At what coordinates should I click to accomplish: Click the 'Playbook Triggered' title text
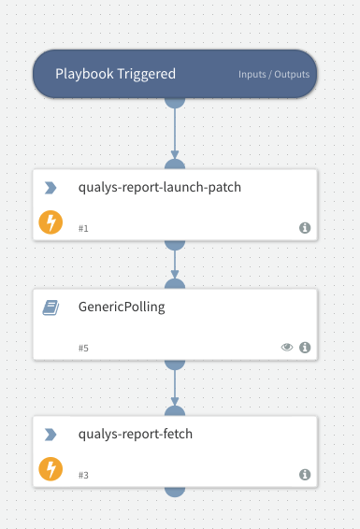pos(115,74)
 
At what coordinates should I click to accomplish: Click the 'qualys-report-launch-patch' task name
pos(160,187)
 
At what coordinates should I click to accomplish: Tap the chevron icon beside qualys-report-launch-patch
pos(50,188)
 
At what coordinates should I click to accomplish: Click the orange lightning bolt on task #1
pos(50,222)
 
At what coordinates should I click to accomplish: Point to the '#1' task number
pos(84,227)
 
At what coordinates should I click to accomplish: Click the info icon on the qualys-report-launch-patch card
pos(305,227)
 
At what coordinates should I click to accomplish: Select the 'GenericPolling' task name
pos(122,307)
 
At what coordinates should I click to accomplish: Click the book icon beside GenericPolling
pos(50,307)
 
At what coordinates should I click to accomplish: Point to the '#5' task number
pos(84,348)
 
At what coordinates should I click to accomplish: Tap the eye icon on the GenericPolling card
pos(287,348)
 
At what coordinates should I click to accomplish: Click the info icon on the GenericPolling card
pos(305,348)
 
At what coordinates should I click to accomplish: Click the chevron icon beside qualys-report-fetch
pos(50,435)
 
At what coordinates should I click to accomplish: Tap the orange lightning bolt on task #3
pos(50,469)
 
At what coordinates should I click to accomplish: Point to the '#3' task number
pos(84,474)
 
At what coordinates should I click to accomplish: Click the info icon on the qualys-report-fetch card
pos(305,474)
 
